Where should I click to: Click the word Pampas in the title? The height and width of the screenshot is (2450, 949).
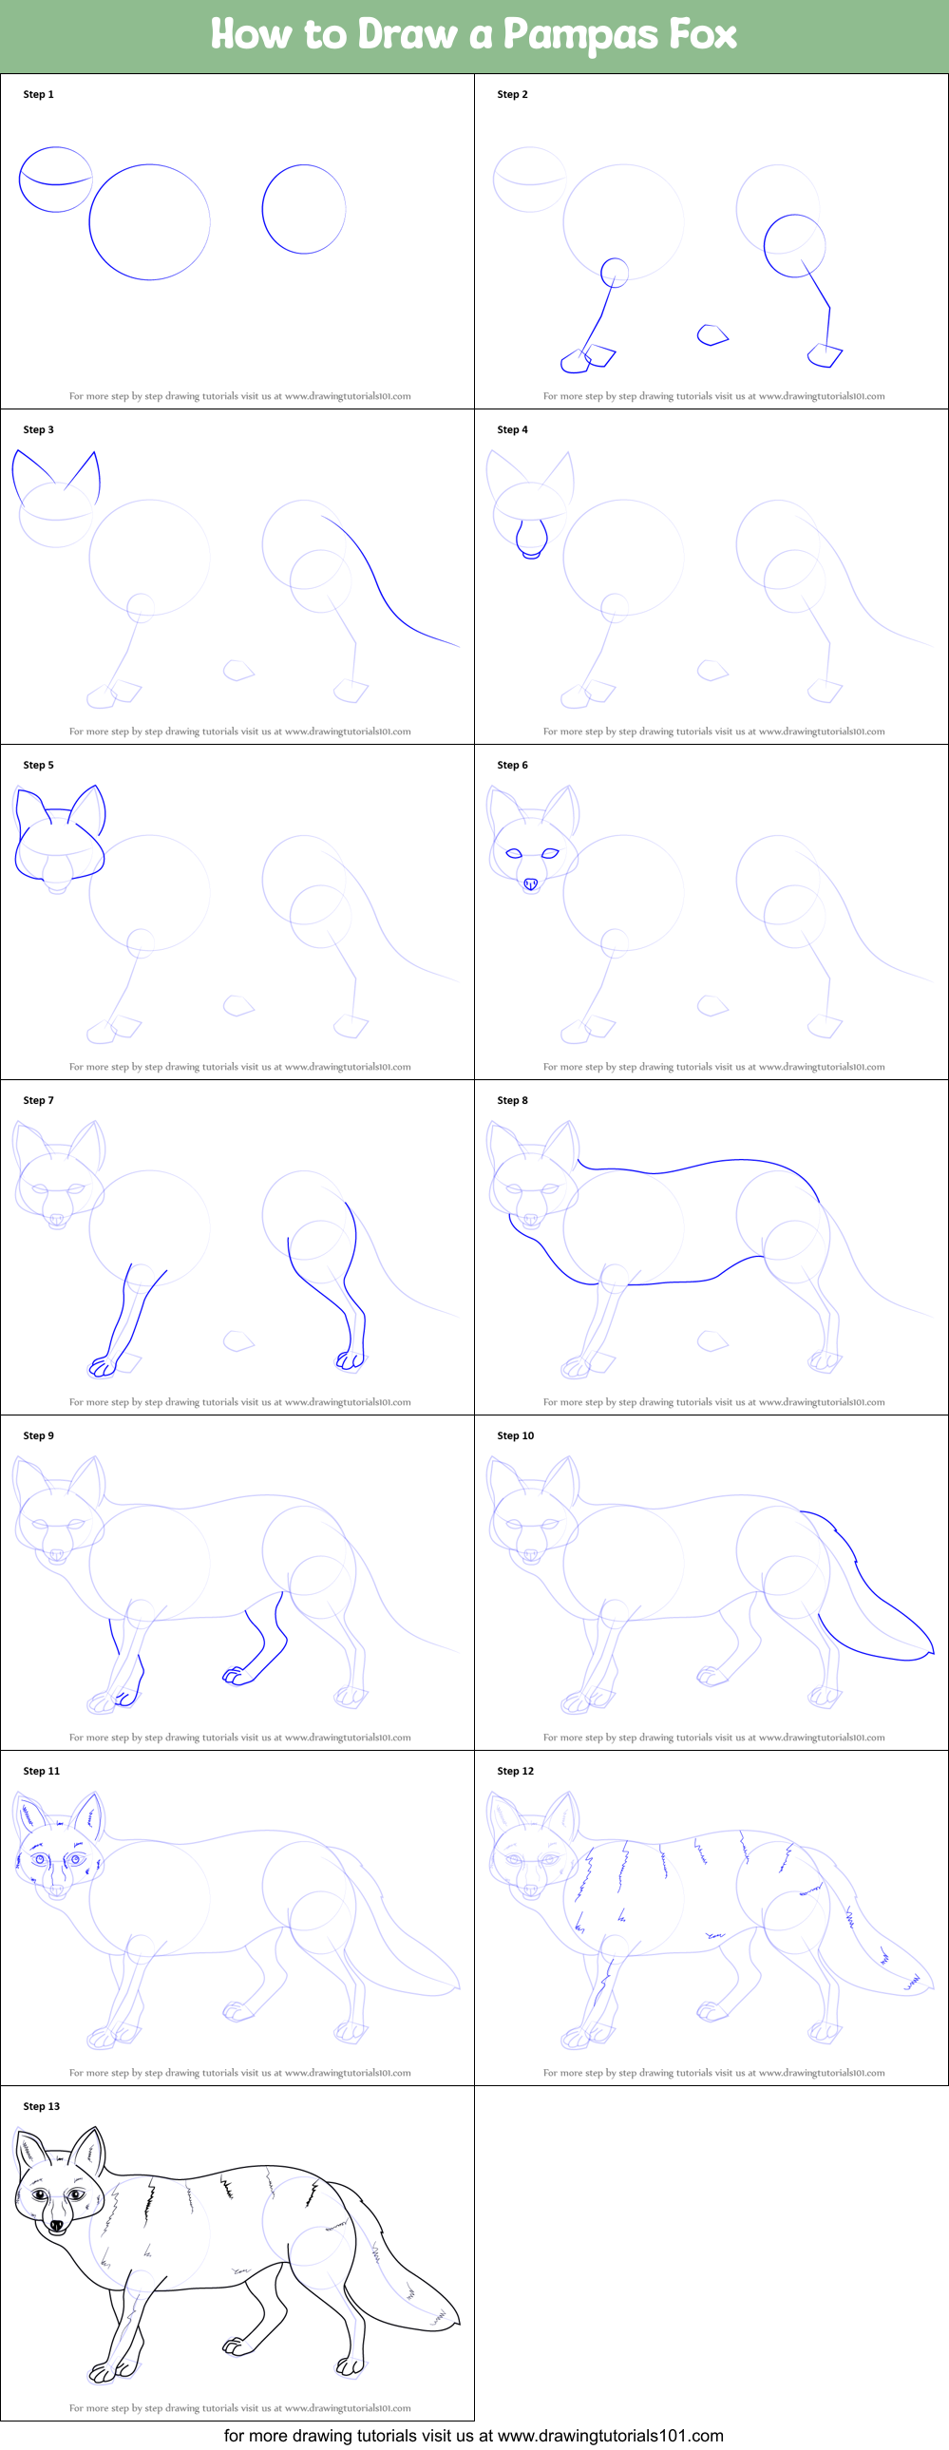point(579,35)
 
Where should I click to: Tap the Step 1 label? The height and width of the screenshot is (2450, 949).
point(38,94)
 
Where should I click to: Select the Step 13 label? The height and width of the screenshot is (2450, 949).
point(41,2106)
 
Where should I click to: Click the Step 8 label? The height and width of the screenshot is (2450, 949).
point(512,1099)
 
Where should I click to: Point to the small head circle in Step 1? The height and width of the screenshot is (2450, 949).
point(55,179)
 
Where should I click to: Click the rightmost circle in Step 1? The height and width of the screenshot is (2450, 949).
point(303,209)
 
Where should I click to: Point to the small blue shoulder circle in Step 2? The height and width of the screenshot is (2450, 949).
point(615,272)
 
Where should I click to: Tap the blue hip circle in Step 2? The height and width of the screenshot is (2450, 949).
point(794,245)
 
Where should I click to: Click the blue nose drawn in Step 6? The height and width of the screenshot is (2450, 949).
point(531,883)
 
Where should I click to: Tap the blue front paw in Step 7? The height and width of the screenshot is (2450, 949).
point(101,1367)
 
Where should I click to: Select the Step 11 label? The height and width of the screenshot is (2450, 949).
point(41,1770)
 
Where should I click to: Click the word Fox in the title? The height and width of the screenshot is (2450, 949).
point(703,35)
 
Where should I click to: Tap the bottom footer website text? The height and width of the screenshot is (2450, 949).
point(473,2435)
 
